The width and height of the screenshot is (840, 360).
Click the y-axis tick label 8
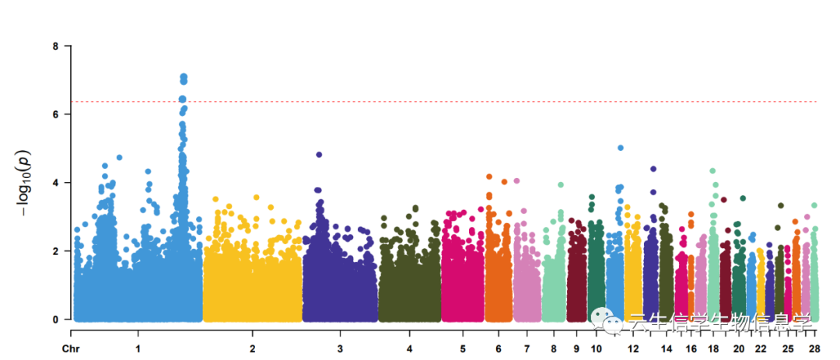pos(55,46)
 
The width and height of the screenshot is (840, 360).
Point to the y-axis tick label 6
pos(55,114)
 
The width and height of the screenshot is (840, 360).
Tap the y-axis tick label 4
pos(55,183)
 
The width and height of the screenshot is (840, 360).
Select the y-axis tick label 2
pos(55,251)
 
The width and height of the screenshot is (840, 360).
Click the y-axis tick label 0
pos(55,320)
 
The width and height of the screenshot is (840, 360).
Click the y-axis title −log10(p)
pos(25,183)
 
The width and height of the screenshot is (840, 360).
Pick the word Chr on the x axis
pos(71,348)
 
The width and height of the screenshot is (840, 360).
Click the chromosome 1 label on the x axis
pos(138,348)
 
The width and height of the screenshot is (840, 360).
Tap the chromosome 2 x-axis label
pos(253,348)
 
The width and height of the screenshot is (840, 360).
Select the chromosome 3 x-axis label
pos(340,348)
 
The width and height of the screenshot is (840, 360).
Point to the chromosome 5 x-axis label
pos(463,348)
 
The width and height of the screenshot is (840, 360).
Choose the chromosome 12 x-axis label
pos(633,348)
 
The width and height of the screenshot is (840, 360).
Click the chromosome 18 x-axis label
pos(713,348)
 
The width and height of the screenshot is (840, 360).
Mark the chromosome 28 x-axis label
pos(814,348)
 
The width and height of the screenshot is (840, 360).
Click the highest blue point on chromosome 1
pos(184,77)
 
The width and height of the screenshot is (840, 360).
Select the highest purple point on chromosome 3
pos(319,155)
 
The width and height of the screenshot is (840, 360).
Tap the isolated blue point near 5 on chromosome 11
pos(621,148)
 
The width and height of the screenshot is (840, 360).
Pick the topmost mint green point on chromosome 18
pos(712,171)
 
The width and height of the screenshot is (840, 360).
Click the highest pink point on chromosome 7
pos(516,181)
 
